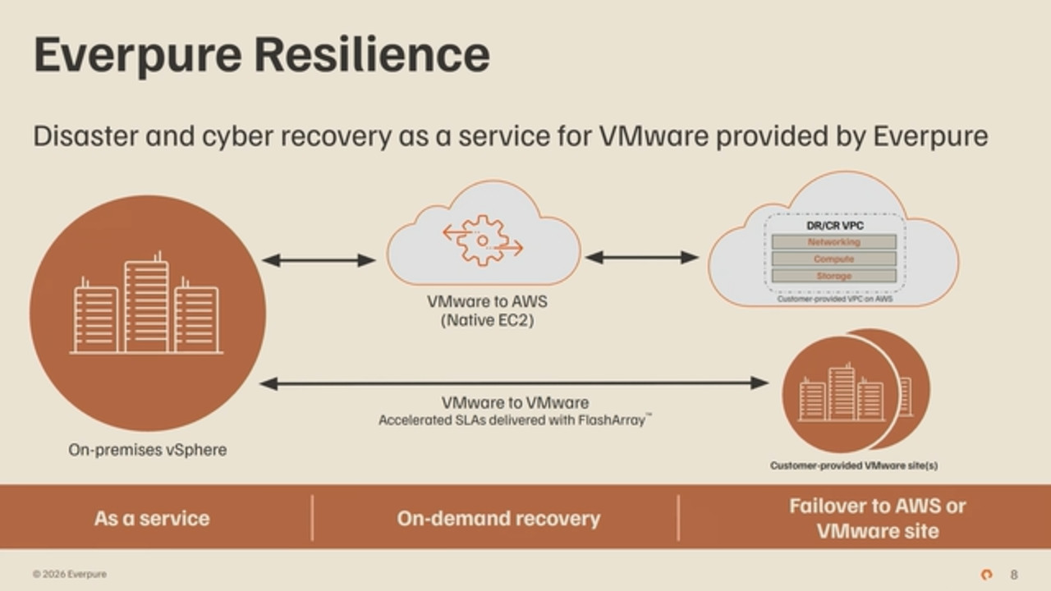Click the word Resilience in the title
coord(372,54)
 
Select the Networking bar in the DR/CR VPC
coord(833,242)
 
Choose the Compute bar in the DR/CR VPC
coord(833,259)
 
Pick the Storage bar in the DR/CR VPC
coord(833,276)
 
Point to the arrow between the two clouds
coord(642,258)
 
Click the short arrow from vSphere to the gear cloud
coord(319,260)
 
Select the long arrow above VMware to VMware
coord(514,383)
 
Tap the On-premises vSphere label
coord(148,450)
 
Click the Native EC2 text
coord(487,321)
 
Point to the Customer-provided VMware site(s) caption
coord(854,465)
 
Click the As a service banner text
coord(152,519)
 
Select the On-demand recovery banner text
coord(498,519)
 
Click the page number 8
coord(1013,575)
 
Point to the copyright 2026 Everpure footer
coord(70,574)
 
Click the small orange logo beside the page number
coord(987,575)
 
